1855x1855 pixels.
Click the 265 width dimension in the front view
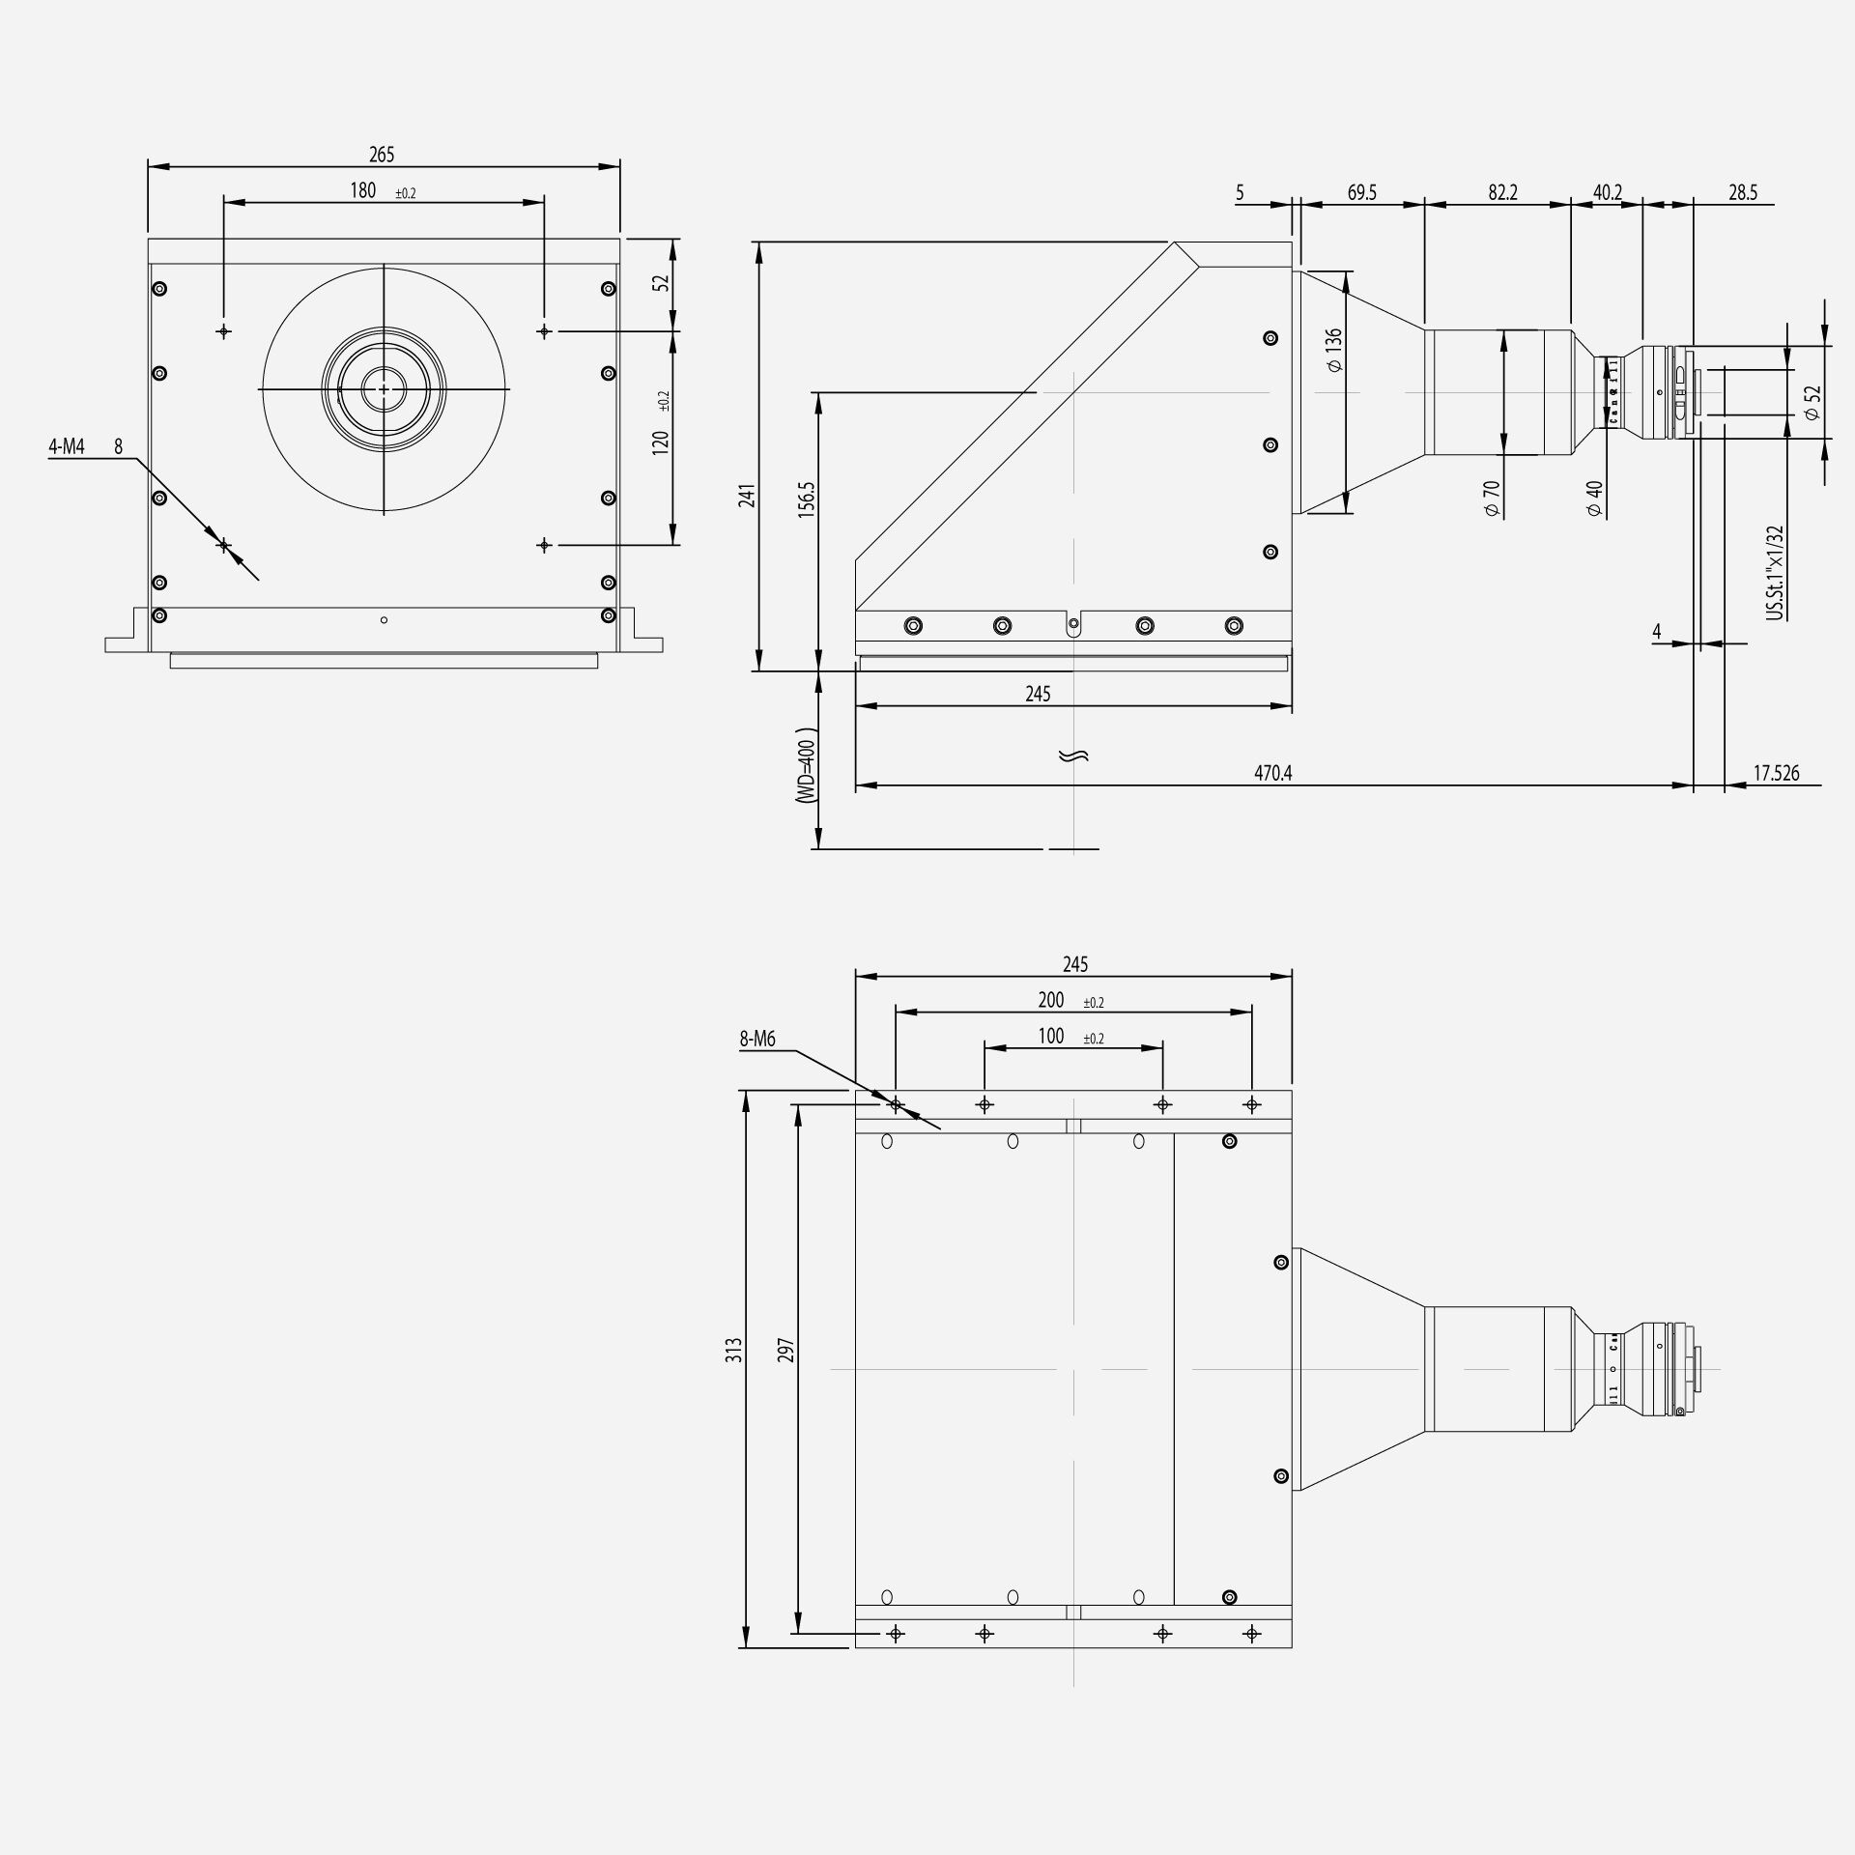tap(382, 155)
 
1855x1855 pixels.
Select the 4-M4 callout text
tap(67, 446)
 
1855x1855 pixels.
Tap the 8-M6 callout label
tap(757, 1040)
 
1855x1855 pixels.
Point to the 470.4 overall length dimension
tap(1272, 773)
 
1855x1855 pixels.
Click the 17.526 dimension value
tap(1776, 773)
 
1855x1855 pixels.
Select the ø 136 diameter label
tap(1333, 350)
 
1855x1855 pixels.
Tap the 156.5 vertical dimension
tap(807, 500)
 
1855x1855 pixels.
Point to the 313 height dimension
tap(735, 1350)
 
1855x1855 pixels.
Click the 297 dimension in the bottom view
tap(785, 1350)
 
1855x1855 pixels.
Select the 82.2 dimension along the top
tap(1502, 192)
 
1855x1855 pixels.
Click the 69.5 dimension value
tap(1361, 192)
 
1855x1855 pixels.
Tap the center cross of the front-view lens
tap(385, 389)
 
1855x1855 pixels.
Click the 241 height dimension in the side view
tap(747, 495)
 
